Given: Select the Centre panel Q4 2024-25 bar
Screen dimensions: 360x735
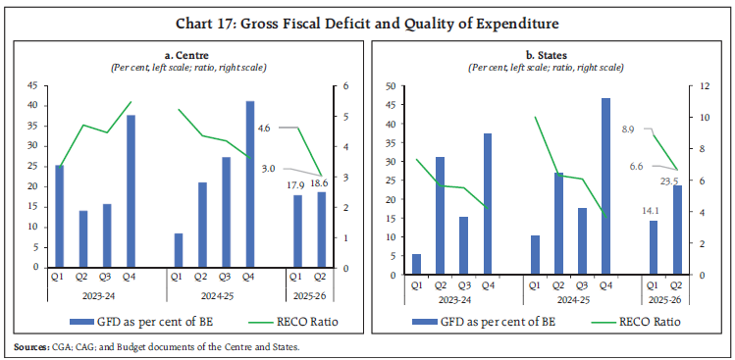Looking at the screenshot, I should click(250, 183).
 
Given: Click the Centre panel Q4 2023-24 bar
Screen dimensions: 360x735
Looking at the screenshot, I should click(131, 190).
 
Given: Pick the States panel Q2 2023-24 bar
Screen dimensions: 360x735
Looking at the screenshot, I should click(440, 212).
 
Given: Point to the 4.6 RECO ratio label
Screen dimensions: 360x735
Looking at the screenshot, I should click(265, 128).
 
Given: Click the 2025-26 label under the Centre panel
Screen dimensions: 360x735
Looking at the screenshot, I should click(309, 295).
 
